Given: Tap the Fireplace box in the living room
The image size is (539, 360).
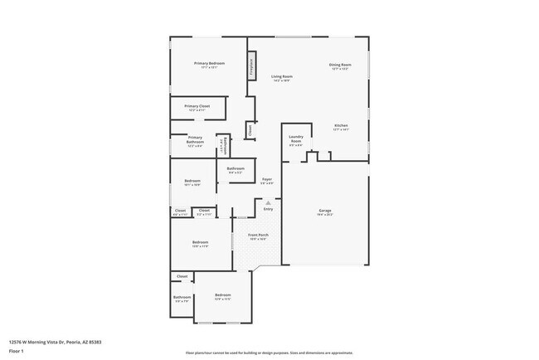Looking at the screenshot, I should (251, 68).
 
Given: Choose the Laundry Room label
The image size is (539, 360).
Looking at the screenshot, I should (296, 139).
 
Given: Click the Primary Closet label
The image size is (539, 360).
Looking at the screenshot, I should (197, 106).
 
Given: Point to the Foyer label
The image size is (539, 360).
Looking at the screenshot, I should (267, 179).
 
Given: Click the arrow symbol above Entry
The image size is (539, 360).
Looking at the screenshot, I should (268, 202).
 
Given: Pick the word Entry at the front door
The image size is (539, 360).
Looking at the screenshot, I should (268, 209).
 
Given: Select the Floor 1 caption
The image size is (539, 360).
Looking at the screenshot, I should (17, 351).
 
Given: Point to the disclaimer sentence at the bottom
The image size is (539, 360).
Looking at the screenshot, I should (269, 352).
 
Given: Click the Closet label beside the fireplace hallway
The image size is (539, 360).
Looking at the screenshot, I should (250, 129).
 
